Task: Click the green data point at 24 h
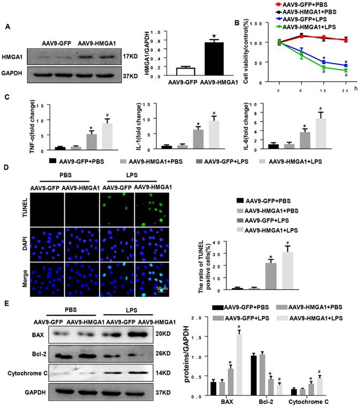pyautogui.click(x=346, y=70)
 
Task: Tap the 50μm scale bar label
pyautogui.click(x=159, y=288)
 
